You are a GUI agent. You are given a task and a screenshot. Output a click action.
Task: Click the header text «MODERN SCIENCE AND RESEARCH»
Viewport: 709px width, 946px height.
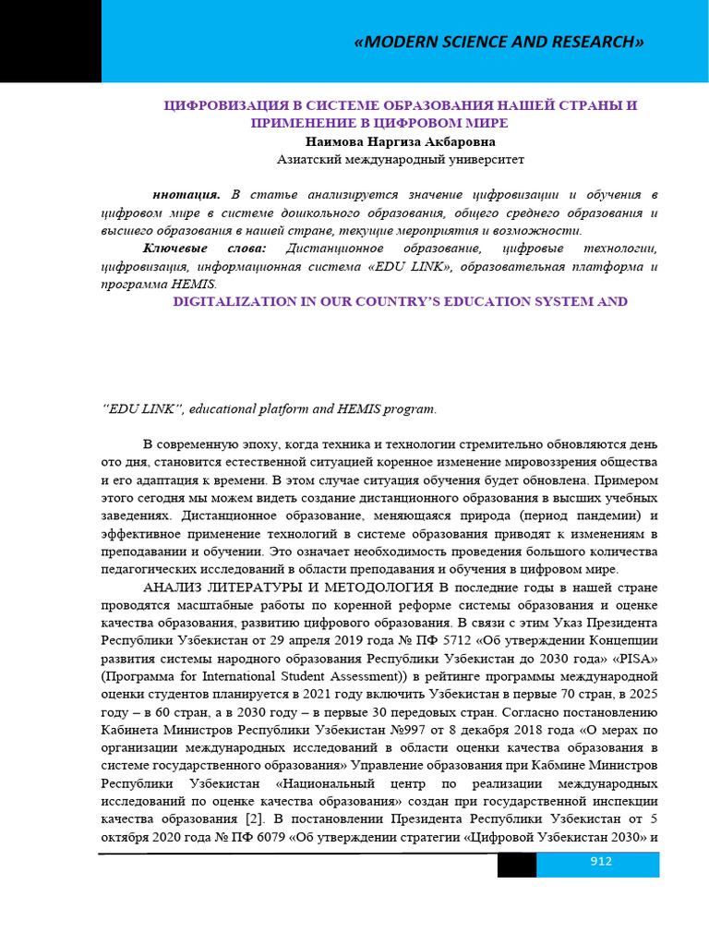pos(499,42)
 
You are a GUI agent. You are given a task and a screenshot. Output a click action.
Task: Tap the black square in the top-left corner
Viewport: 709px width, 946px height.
pos(50,41)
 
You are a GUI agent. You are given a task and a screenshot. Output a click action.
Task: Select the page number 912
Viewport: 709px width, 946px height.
pos(602,862)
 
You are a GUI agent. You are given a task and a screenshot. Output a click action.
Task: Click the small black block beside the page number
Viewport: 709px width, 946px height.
pos(517,865)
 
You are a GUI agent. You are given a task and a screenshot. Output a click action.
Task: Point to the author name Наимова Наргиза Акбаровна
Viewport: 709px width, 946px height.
pos(400,142)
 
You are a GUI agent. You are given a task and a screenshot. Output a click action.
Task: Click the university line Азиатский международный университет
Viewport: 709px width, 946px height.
pos(400,160)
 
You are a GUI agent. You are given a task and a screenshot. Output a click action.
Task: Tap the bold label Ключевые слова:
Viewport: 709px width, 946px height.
pos(205,249)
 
